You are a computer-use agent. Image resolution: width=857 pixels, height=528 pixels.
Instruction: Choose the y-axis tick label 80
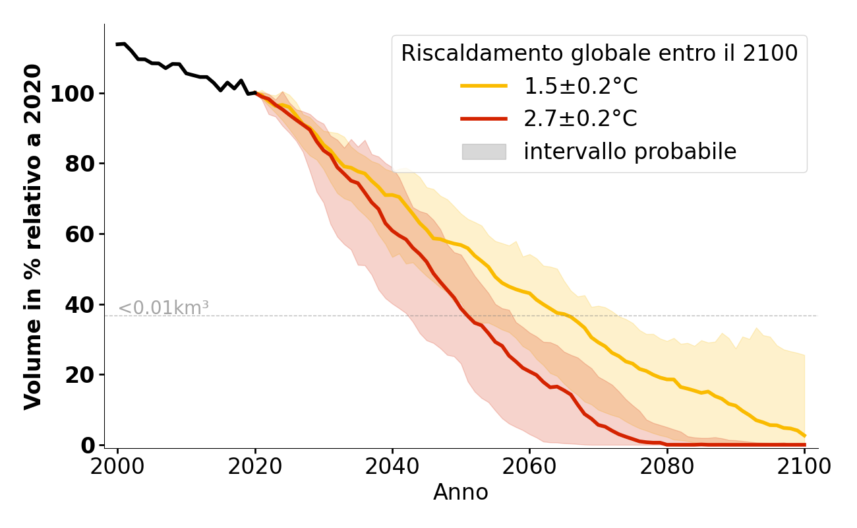79,164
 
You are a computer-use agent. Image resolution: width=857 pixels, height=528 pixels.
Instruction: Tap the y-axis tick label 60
79,234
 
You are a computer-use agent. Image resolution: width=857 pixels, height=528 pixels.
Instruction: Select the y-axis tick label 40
79,304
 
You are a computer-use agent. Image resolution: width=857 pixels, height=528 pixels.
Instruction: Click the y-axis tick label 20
79,375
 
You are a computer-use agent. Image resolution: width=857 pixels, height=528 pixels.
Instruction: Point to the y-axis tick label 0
87,445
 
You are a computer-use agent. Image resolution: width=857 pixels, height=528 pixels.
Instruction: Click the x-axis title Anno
461,492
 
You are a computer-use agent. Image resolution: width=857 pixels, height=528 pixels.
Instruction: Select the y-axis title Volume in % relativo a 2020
33,236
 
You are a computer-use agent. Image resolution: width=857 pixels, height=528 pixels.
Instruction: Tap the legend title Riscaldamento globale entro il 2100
599,53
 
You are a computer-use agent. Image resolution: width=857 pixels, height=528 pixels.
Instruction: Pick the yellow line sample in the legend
483,86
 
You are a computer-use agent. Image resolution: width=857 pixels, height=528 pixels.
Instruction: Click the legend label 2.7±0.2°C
580,119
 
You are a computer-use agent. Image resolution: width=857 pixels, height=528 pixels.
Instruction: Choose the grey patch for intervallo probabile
483,152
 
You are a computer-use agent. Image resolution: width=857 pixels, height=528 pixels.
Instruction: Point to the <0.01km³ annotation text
163,308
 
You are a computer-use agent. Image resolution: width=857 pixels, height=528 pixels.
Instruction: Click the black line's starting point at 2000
117,44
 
